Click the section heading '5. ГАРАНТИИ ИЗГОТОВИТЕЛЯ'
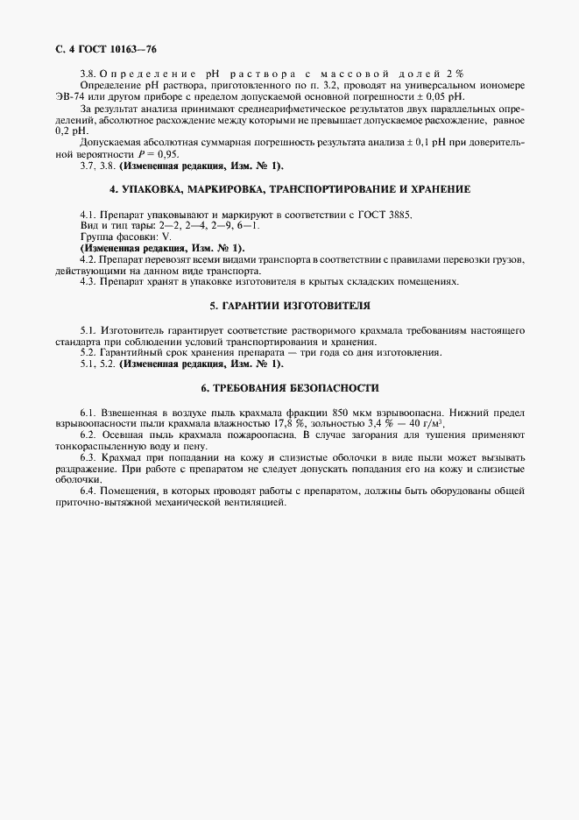tap(290, 306)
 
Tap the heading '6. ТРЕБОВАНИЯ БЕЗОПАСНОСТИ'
tap(290, 387)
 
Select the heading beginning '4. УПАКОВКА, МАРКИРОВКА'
tap(290, 189)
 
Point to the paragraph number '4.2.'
tap(88, 260)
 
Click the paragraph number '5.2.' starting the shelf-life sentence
tap(88, 352)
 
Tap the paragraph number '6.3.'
tap(88, 457)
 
